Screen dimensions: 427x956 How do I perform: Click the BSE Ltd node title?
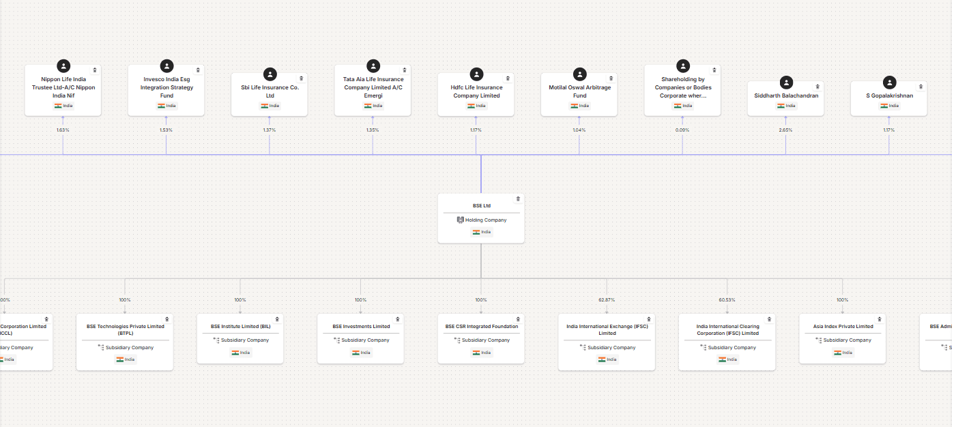[x=481, y=205]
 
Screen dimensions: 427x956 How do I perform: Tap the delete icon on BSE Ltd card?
[x=518, y=199]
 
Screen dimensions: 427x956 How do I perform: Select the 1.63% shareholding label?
[x=63, y=130]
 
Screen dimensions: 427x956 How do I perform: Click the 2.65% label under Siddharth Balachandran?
[x=785, y=130]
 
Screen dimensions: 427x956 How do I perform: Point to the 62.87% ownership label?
[x=606, y=300]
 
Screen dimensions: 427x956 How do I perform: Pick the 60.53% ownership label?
[x=727, y=300]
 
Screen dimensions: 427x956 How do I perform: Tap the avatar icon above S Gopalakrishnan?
[x=889, y=83]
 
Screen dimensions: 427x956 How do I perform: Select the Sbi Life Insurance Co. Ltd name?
[x=270, y=91]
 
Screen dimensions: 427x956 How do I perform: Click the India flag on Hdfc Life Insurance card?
[x=472, y=106]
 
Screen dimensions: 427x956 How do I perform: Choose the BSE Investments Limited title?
[x=361, y=327]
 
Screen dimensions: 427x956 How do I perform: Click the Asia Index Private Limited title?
[x=843, y=327]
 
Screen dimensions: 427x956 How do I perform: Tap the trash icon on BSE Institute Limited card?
[x=277, y=319]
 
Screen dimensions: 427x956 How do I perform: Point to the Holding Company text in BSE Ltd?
[x=485, y=220]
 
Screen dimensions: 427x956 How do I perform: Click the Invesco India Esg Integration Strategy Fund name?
[x=166, y=87]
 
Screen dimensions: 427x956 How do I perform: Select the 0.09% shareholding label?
[x=682, y=130]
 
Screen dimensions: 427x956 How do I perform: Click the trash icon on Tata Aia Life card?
[x=404, y=70]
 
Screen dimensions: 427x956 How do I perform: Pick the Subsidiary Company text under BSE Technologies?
[x=128, y=348]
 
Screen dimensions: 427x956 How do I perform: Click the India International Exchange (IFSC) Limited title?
[x=607, y=330]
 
